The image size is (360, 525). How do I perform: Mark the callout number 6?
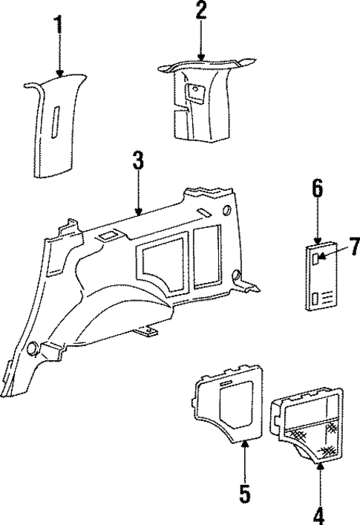pos(317,190)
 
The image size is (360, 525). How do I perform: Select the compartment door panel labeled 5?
pos(230,405)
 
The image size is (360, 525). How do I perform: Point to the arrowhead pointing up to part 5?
pos(243,444)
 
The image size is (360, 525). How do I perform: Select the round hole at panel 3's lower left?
pos(33,348)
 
